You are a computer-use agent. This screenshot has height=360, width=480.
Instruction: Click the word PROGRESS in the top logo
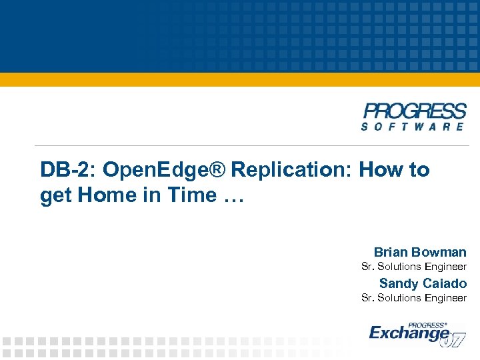click(x=415, y=111)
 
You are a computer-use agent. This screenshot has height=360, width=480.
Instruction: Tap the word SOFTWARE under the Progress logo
click(x=414, y=126)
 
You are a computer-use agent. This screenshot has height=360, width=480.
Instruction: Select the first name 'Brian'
click(x=391, y=252)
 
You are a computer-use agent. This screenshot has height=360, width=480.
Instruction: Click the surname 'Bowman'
click(x=439, y=252)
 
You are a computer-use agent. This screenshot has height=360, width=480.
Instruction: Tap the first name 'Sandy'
click(x=398, y=283)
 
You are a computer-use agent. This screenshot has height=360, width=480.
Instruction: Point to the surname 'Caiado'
click(x=444, y=283)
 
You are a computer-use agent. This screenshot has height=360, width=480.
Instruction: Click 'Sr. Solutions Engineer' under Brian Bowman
click(x=413, y=267)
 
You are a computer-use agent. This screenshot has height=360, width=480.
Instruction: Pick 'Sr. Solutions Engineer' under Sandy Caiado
click(x=413, y=298)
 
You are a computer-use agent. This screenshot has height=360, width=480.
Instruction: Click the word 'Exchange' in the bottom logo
click(x=408, y=332)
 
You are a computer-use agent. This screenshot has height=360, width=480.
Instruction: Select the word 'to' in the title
click(x=419, y=170)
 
